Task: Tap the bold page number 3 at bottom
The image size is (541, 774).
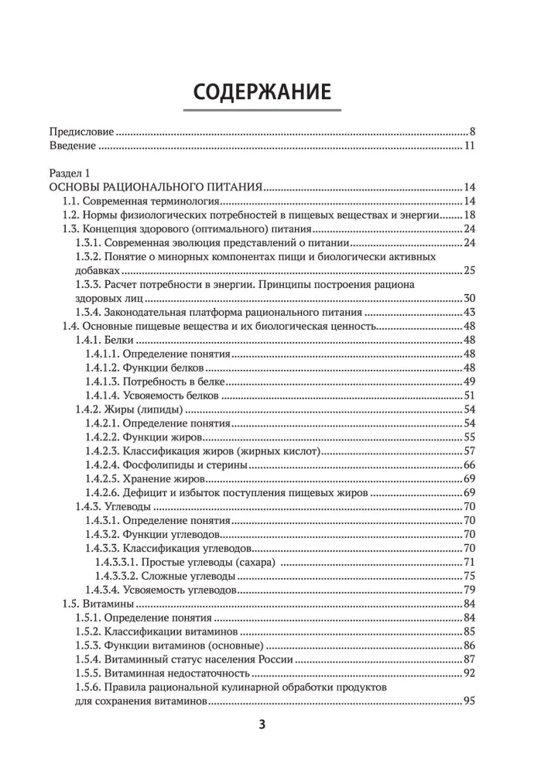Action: click(261, 725)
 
